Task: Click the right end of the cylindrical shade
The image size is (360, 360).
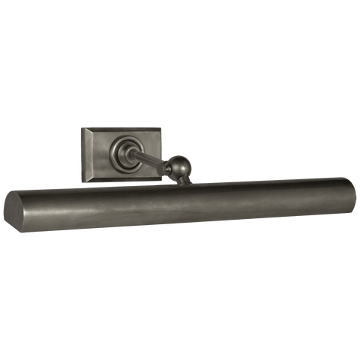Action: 346,192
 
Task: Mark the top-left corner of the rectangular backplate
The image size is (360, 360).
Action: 82,128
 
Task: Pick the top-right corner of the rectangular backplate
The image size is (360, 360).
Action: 162,127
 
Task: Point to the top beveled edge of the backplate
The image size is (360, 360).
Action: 122,131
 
